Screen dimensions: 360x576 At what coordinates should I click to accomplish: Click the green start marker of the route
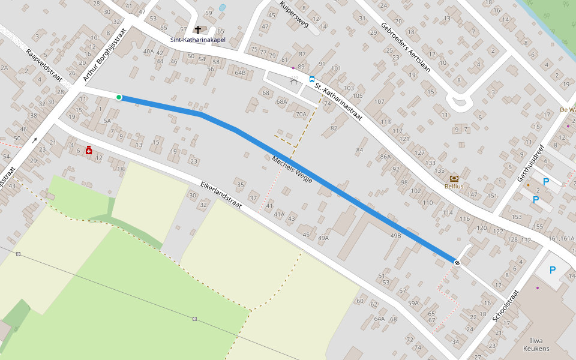pyautogui.click(x=119, y=97)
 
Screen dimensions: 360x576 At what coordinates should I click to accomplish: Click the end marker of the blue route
pyautogui.click(x=457, y=262)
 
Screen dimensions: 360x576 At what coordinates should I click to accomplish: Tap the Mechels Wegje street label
pyautogui.click(x=292, y=170)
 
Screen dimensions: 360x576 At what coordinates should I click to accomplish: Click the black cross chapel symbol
pyautogui.click(x=198, y=29)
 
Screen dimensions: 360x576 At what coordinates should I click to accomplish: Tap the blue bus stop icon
pyautogui.click(x=311, y=79)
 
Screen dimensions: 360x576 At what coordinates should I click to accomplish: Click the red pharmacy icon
pyautogui.click(x=89, y=150)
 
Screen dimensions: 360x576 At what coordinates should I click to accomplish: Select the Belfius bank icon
pyautogui.click(x=454, y=178)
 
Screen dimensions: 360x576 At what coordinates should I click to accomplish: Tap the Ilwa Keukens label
pyautogui.click(x=536, y=344)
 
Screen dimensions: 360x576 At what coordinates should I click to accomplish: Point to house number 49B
pyautogui.click(x=395, y=236)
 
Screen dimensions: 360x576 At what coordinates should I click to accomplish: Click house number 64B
pyautogui.click(x=240, y=73)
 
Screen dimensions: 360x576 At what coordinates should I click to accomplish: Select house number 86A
pyautogui.click(x=385, y=157)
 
